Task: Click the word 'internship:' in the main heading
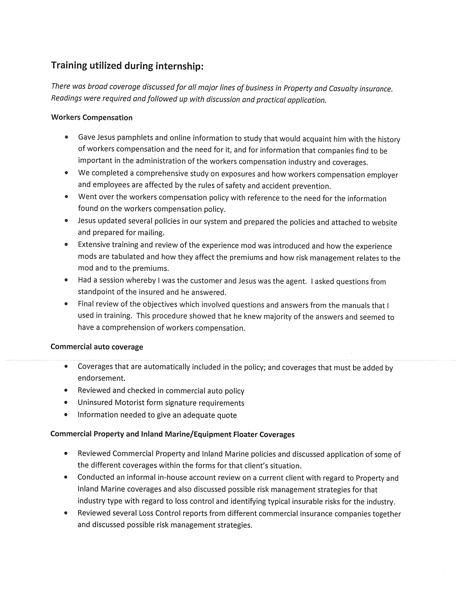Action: [179, 66]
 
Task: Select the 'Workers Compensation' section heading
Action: [92, 117]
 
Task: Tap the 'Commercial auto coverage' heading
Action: [97, 347]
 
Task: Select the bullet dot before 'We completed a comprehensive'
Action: [66, 173]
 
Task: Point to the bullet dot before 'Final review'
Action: [66, 304]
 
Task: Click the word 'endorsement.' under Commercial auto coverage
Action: [101, 378]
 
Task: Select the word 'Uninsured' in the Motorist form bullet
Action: [95, 403]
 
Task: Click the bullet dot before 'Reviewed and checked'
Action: [66, 390]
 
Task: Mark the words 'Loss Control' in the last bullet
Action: [159, 513]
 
